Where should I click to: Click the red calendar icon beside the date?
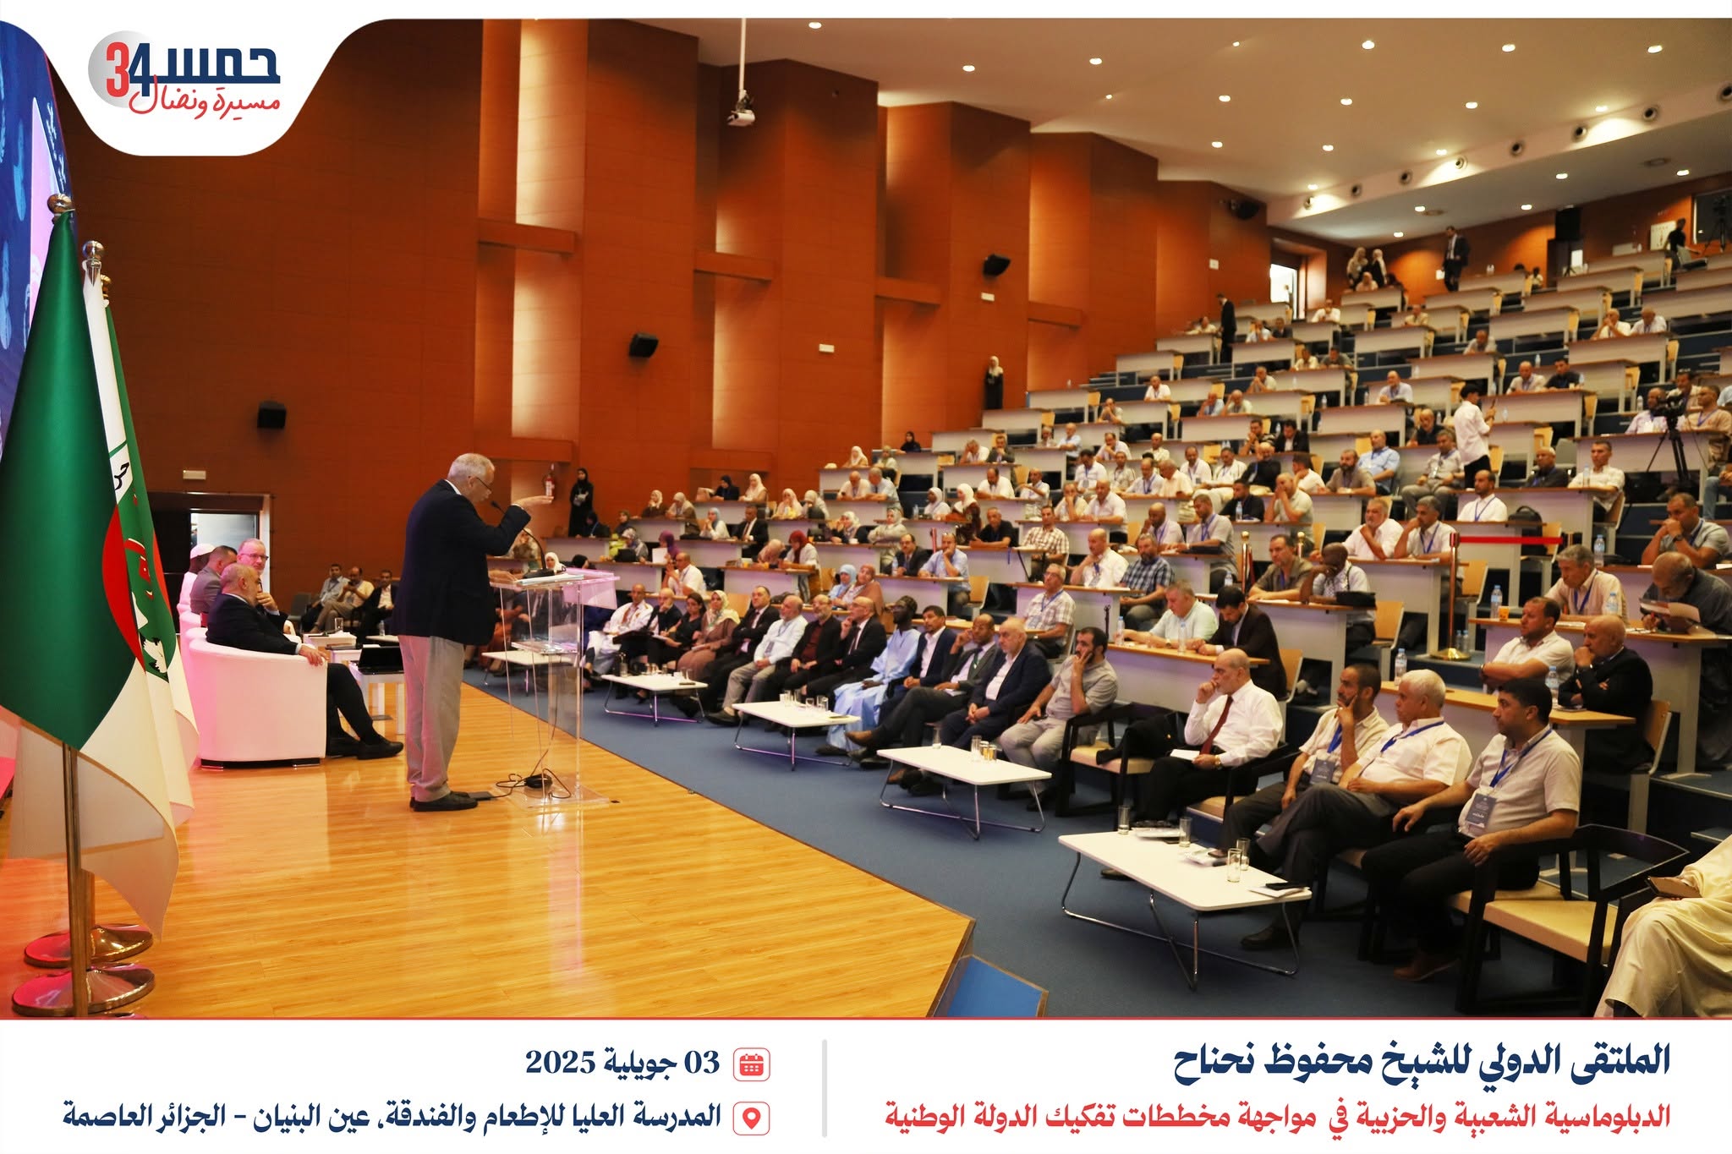click(751, 1064)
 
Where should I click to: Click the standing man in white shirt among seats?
click(1472, 431)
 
